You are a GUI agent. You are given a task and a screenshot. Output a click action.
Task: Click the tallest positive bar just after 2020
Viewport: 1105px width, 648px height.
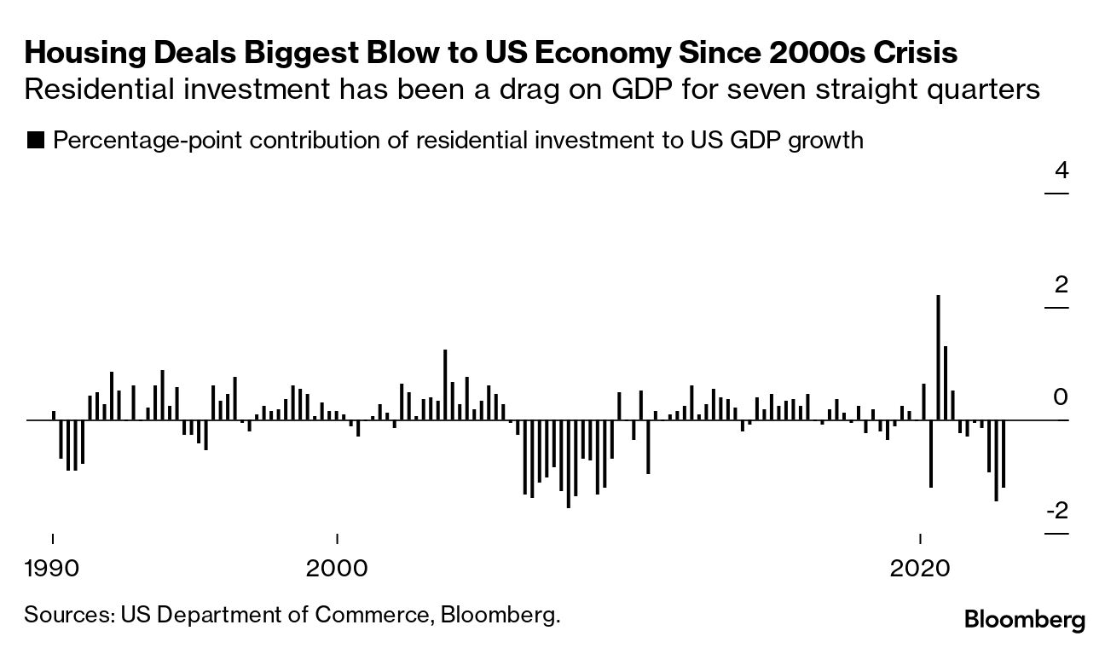pos(938,357)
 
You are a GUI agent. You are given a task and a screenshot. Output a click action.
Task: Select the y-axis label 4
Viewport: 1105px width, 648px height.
pos(1062,171)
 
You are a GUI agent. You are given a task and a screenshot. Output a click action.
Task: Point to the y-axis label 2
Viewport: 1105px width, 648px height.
pos(1062,285)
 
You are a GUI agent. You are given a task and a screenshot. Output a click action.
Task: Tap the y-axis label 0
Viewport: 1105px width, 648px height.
pos(1062,397)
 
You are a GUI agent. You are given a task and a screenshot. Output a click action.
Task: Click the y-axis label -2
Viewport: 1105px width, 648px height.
pos(1058,511)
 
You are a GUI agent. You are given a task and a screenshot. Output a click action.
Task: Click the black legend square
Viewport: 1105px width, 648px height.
pos(36,140)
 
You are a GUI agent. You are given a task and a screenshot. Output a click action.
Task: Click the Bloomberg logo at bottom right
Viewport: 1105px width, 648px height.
pos(1025,620)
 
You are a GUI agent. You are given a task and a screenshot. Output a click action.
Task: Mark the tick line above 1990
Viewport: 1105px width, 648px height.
pos(53,539)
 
